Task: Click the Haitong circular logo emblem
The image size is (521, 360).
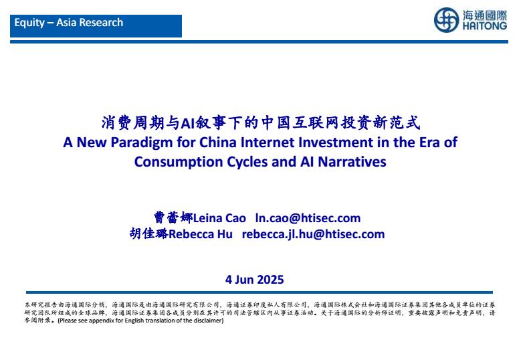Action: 446,20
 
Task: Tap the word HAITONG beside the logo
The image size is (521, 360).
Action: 485,26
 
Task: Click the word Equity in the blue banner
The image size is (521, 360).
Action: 29,23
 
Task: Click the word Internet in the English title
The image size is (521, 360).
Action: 268,143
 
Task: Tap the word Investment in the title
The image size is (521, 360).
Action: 336,143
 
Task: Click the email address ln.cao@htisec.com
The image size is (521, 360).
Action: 308,218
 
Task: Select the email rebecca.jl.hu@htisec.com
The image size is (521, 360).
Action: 313,234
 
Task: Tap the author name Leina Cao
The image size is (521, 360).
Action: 219,218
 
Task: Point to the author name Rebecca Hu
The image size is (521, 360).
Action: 201,234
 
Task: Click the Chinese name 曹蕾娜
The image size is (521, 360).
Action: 173,217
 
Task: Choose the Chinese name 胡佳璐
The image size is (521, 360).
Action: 149,234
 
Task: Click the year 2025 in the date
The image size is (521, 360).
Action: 270,280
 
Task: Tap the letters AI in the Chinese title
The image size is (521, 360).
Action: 187,123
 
